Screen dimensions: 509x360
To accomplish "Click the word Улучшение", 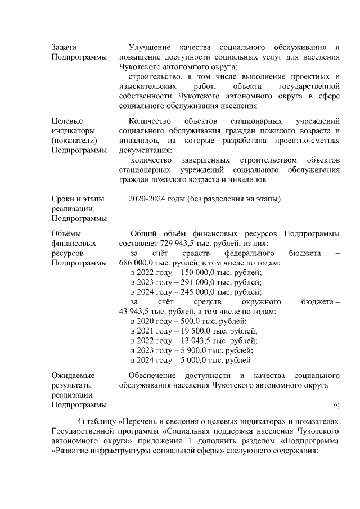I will (x=150, y=47).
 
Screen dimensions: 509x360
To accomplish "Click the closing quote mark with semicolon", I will (x=336, y=404).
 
